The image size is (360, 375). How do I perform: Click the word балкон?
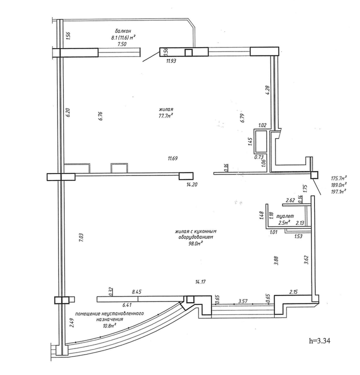[123, 31]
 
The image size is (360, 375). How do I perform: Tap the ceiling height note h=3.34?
[319, 341]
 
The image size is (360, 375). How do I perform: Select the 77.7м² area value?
[166, 115]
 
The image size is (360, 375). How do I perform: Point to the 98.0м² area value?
[195, 243]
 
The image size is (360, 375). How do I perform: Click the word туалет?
[285, 216]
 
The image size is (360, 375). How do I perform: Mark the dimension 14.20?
[192, 184]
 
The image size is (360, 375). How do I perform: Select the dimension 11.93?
[171, 61]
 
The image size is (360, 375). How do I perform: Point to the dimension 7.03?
[81, 237]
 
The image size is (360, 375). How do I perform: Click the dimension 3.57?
[243, 301]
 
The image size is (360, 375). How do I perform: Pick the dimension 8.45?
[137, 292]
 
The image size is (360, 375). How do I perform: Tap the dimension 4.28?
[267, 90]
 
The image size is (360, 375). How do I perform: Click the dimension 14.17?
[200, 282]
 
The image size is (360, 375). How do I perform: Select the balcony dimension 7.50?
[122, 44]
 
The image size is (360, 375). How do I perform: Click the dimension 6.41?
[127, 305]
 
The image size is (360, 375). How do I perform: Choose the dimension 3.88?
[276, 260]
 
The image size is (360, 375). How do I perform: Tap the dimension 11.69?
[172, 158]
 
